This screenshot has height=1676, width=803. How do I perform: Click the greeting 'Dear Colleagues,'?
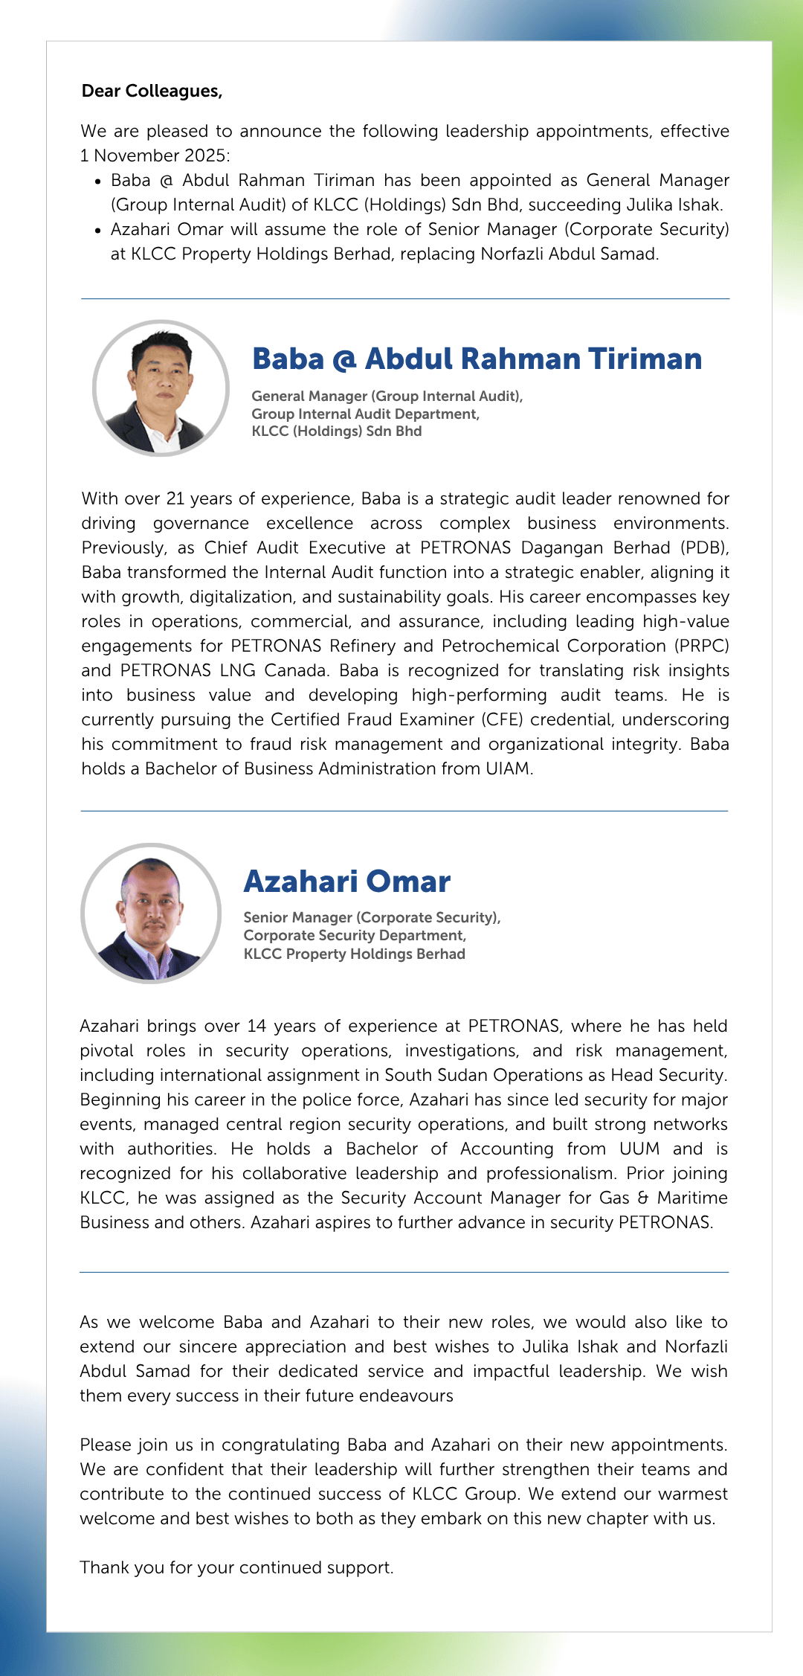pos(152,91)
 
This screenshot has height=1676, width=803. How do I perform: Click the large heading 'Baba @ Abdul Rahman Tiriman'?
pos(477,359)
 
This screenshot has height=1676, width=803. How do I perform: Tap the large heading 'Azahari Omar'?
pos(347,882)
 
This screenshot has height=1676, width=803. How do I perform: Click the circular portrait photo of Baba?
pos(161,388)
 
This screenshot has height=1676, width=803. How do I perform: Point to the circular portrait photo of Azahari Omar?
pos(151,913)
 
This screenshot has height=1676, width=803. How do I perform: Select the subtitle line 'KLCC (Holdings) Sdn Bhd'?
pos(336,431)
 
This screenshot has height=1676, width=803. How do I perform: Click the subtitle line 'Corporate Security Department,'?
pos(355,936)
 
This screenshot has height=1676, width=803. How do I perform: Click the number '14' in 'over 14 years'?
pos(257,1026)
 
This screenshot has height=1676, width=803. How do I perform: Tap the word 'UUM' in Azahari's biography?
pos(639,1149)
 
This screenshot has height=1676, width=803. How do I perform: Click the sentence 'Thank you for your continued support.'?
pos(236,1567)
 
